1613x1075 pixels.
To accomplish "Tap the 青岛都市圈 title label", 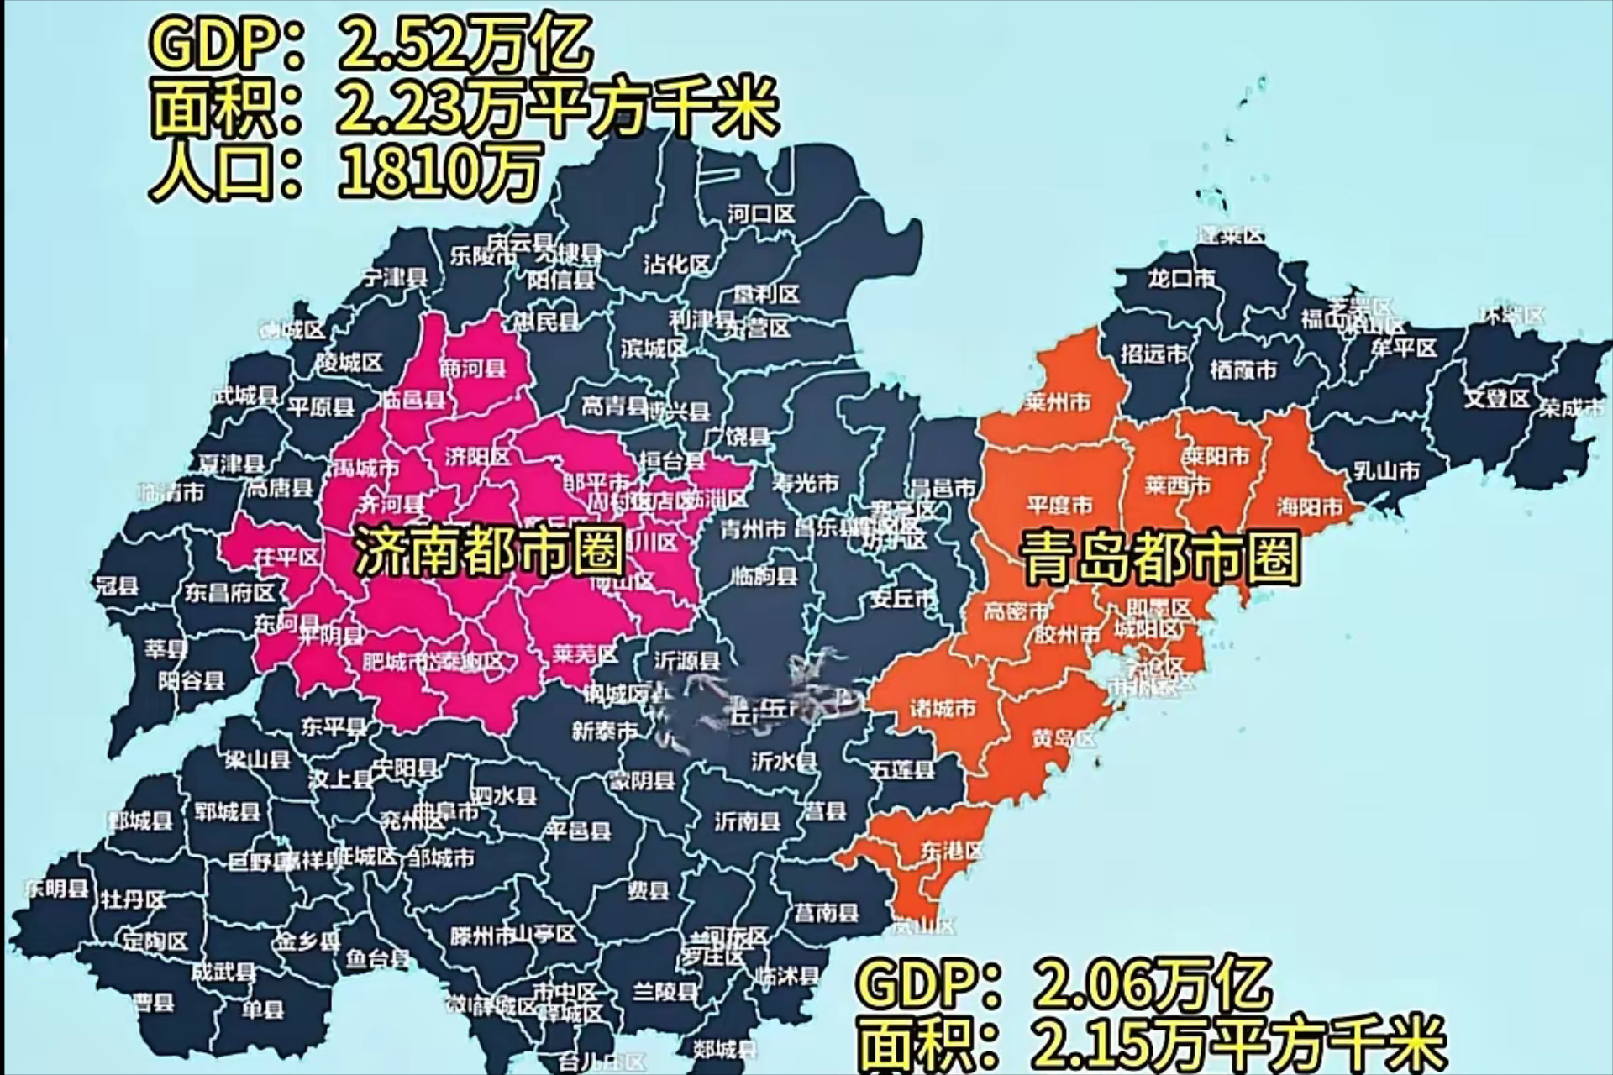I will tap(1160, 558).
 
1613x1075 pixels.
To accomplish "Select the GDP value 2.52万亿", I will tap(465, 44).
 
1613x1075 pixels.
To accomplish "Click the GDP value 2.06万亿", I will tap(1150, 984).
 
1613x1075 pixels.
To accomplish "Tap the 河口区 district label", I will tap(760, 214).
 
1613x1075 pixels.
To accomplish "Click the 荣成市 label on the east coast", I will tap(1571, 409).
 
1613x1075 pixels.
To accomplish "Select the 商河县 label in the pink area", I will tap(473, 368).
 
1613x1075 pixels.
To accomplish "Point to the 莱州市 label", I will tap(1058, 403).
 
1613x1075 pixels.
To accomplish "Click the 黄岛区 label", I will tap(1064, 738).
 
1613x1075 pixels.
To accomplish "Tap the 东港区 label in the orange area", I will tap(951, 851).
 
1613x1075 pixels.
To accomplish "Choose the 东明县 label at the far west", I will tap(57, 889).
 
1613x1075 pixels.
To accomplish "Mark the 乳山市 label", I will tap(1386, 471).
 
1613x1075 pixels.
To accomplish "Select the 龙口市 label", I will tap(1180, 278).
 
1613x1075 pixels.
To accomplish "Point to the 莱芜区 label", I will tap(585, 653).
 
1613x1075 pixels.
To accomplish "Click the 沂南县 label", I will tap(747, 821).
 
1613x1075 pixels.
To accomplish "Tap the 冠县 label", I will tap(118, 585).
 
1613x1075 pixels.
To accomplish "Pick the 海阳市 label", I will tap(1310, 506).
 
